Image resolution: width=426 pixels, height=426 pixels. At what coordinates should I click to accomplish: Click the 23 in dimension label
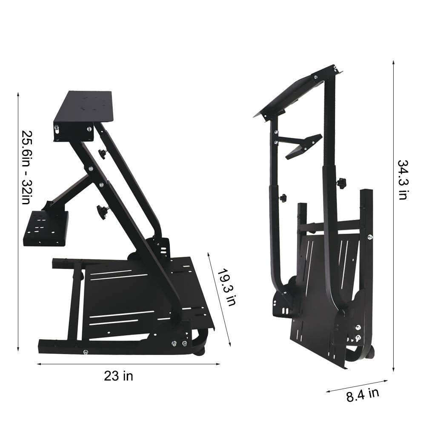(x=118, y=376)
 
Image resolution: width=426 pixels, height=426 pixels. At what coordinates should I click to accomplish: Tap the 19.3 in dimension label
(x=226, y=287)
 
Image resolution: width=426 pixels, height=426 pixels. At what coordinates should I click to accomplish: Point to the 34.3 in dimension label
(x=403, y=179)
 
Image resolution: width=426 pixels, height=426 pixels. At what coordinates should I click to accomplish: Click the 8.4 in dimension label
(x=362, y=395)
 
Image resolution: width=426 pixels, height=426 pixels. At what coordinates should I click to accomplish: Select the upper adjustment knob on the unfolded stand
(x=102, y=154)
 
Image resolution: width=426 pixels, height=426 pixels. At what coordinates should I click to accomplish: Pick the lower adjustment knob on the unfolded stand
(x=103, y=210)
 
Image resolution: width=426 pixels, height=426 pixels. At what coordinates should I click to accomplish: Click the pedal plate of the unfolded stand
(x=140, y=298)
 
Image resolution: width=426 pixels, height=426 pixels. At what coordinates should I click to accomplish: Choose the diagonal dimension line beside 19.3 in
(x=219, y=298)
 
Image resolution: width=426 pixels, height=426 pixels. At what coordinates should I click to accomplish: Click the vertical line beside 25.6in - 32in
(x=18, y=221)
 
